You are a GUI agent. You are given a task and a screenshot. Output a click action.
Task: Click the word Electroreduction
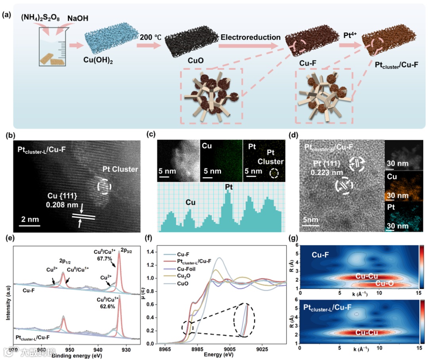250,38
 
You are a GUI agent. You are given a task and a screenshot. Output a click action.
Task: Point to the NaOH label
78,19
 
